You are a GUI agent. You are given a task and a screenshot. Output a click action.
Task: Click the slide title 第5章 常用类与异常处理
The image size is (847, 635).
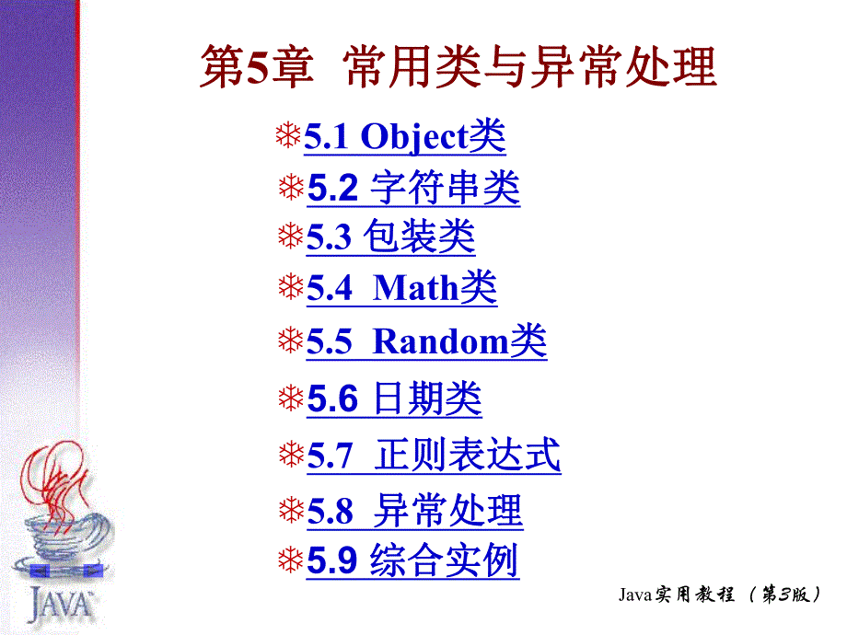458,69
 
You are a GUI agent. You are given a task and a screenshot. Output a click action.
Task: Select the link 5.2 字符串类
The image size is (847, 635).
412,189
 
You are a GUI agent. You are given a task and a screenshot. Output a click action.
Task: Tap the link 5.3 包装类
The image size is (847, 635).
390,237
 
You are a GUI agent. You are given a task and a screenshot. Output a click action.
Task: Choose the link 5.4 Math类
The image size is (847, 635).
401,289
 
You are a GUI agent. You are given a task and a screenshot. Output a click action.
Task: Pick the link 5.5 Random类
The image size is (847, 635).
426,342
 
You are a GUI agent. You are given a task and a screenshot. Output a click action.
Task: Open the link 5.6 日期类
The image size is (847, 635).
394,399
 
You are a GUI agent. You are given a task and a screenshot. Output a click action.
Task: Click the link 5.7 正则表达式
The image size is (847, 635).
433,456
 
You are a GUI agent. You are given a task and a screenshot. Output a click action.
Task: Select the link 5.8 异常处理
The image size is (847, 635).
414,511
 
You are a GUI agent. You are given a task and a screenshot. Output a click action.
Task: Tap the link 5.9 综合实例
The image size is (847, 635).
412,561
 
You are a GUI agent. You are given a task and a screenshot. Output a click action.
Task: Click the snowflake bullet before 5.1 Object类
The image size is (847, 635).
288,137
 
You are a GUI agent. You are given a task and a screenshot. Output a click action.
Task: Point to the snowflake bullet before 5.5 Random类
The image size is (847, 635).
291,342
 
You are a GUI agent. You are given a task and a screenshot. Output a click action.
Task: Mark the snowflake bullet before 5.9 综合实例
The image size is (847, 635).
291,560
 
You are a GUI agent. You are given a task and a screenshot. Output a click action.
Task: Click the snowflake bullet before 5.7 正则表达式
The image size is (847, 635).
291,454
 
